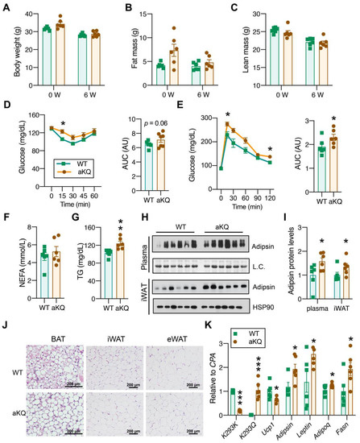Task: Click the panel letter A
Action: [x=5, y=6]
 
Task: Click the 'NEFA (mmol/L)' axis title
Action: [x=8, y=244]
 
